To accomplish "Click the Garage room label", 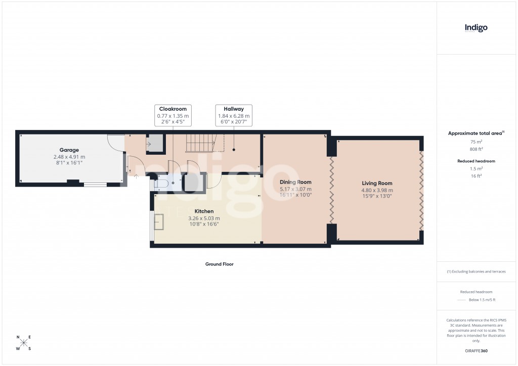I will (69, 150).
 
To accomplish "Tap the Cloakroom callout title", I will (173, 109).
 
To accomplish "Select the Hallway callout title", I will (234, 109).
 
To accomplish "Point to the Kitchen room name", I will (204, 211).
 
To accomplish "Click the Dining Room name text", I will (295, 182).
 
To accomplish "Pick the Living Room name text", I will (377, 184).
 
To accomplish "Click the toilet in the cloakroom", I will (163, 184).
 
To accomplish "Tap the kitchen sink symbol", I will (159, 221).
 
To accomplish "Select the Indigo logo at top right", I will (476, 28).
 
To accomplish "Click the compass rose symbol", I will (24, 343).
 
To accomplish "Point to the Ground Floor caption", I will (219, 264).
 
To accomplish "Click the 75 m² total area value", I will (476, 142).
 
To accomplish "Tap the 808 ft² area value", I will (476, 150).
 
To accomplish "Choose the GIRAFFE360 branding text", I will (476, 351).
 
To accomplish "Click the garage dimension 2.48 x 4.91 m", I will (69, 157).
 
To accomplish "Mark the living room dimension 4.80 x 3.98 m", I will (377, 191).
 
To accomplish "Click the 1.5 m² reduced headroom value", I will (476, 169).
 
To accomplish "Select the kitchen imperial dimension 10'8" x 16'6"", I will (204, 224).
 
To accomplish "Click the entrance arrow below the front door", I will (136, 177).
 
